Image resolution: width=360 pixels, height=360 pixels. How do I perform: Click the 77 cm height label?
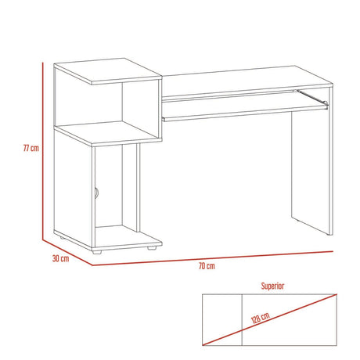click(31, 148)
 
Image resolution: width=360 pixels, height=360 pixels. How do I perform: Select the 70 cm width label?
click(207, 267)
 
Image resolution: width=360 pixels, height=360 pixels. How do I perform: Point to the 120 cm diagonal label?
click(260, 320)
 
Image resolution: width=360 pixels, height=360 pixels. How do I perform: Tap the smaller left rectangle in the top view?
click(221, 322)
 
